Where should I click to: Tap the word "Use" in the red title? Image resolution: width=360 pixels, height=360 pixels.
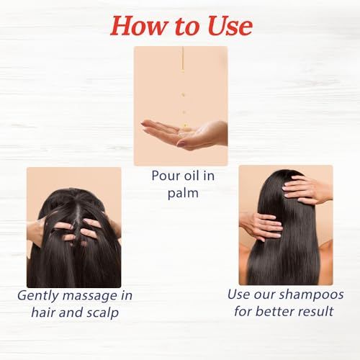coord(230,26)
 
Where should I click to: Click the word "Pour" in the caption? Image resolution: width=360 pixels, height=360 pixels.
coord(166,176)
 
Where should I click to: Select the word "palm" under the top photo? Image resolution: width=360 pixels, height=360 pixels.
coord(183,194)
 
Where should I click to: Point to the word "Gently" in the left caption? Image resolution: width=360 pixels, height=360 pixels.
coord(38,296)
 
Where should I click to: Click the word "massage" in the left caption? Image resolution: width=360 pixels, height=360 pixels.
coord(90,296)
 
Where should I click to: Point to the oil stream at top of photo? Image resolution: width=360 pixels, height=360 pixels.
coord(183,59)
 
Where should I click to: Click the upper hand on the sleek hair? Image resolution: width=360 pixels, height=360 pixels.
coord(308,189)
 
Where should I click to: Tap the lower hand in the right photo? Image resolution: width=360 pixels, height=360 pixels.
coord(261,225)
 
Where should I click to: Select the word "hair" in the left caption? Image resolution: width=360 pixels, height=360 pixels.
coord(44,312)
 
